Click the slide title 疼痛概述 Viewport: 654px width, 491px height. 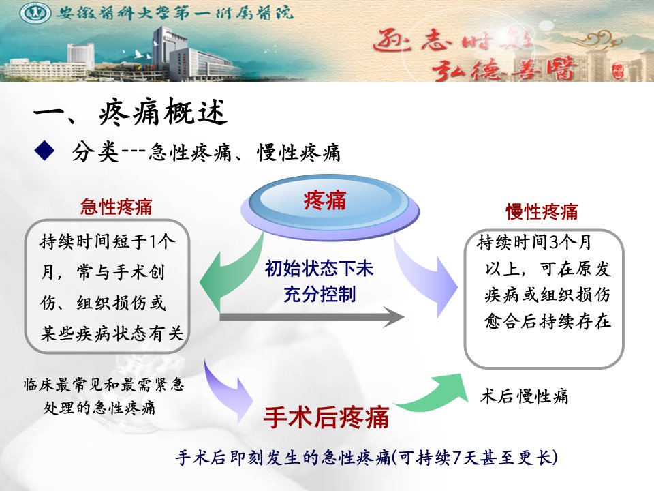(x=163, y=112)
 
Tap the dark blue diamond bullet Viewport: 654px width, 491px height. (x=45, y=151)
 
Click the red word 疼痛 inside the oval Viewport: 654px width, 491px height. (x=325, y=200)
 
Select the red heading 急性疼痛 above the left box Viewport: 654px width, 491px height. (x=116, y=207)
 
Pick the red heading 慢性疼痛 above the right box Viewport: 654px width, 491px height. (x=542, y=211)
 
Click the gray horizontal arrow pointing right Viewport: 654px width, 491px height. (x=312, y=317)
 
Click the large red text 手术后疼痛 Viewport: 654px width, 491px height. (x=326, y=417)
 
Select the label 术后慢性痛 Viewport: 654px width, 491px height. (x=525, y=396)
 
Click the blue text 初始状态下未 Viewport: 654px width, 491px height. (x=320, y=269)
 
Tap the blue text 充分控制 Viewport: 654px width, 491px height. (x=320, y=294)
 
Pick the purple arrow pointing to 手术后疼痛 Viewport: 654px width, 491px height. (x=228, y=390)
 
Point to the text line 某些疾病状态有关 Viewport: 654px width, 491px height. (x=112, y=333)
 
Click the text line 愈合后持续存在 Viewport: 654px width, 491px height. (x=548, y=321)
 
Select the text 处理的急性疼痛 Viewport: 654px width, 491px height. (x=99, y=408)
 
